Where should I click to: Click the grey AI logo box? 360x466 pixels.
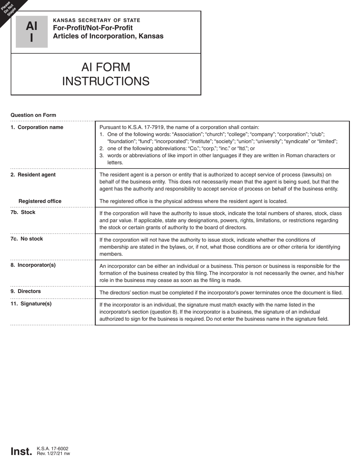tap(31, 32)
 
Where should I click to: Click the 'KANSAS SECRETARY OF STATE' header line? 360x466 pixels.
tap(97, 20)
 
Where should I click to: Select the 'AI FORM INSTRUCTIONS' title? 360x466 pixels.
tap(106, 74)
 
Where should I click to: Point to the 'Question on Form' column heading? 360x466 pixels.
tap(33, 115)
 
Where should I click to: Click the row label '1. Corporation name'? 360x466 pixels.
tap(37, 127)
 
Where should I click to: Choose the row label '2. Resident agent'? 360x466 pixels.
tap(33, 175)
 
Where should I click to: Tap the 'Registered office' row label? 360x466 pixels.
tap(40, 201)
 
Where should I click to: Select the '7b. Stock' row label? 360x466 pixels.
tap(23, 212)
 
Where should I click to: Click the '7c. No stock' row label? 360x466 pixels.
tap(27, 239)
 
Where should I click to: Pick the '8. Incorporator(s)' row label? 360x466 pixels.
tap(33, 265)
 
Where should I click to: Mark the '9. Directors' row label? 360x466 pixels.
tap(25, 291)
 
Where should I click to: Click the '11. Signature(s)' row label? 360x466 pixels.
tap(31, 303)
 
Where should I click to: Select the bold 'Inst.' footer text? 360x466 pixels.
tap(21, 451)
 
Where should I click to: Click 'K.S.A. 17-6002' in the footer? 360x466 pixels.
tap(53, 449)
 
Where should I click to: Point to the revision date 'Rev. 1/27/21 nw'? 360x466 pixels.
tap(53, 453)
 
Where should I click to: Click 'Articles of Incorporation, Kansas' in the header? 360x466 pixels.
tap(108, 36)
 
